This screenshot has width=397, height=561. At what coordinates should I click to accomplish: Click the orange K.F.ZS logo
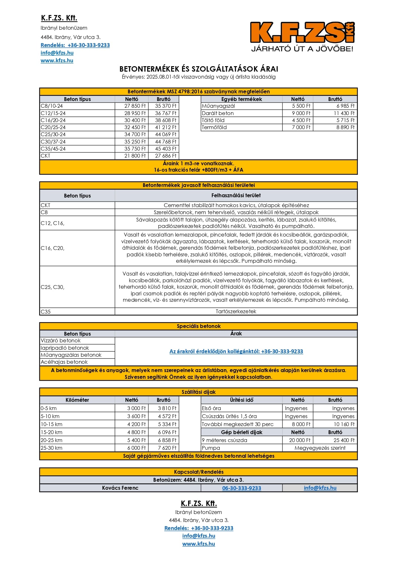click(302, 33)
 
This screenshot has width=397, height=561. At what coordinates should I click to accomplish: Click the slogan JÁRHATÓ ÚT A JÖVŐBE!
click(302, 49)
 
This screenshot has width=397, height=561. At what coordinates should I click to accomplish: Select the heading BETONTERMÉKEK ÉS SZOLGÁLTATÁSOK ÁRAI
click(198, 69)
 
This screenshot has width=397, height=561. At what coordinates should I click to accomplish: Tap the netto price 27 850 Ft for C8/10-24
click(135, 106)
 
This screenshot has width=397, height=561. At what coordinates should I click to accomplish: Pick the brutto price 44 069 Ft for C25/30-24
click(165, 134)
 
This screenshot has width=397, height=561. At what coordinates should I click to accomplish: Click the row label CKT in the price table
click(45, 156)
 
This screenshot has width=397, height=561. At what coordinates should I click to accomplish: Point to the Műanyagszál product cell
click(218, 106)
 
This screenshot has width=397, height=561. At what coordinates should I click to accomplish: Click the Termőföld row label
click(214, 127)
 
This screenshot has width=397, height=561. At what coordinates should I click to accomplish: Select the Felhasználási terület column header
click(236, 195)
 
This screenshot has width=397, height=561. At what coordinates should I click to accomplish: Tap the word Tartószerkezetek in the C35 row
click(236, 311)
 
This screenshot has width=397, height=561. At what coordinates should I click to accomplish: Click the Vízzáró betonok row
click(61, 341)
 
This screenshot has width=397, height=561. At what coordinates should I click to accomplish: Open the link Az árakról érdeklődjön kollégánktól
click(236, 351)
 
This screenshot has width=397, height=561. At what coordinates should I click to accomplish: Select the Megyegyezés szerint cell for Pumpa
click(320, 448)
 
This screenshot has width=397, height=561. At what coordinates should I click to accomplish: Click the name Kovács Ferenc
click(120, 488)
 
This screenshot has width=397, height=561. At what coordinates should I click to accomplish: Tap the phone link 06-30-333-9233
click(242, 488)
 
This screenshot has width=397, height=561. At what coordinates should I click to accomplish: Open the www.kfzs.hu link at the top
click(57, 60)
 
